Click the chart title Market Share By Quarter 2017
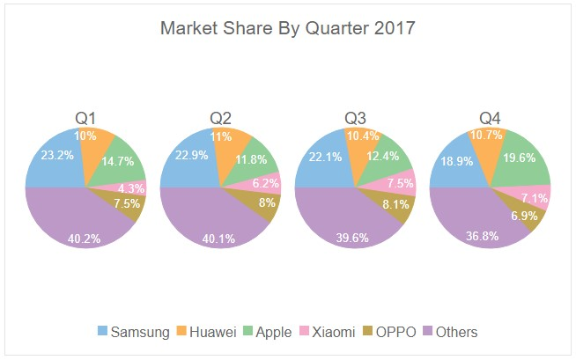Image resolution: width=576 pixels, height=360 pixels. (287, 28)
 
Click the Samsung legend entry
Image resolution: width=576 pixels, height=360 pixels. (131, 332)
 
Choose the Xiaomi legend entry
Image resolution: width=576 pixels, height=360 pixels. (324, 332)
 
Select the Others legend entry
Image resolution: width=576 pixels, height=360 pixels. (450, 332)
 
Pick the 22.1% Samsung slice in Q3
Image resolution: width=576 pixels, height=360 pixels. (322, 159)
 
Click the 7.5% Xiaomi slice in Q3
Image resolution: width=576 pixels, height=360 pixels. (399, 185)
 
